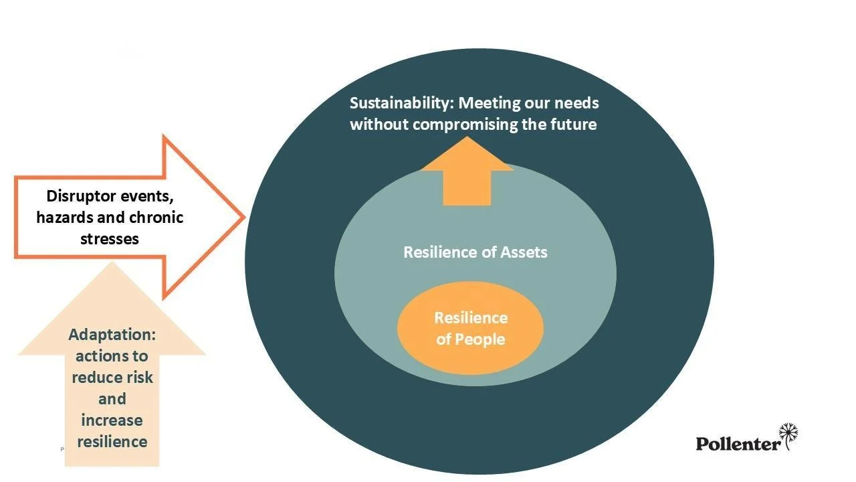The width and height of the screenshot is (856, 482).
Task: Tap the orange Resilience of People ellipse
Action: pyautogui.click(x=470, y=328)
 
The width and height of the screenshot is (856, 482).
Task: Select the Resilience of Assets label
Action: pyautogui.click(x=475, y=252)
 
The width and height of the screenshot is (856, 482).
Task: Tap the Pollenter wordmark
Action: pyautogui.click(x=738, y=443)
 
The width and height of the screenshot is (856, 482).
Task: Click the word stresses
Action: pyautogui.click(x=110, y=238)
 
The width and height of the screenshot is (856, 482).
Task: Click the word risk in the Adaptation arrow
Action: pyautogui.click(x=139, y=378)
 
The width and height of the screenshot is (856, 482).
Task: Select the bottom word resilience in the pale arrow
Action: pyautogui.click(x=112, y=442)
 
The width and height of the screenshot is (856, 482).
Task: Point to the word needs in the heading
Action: pyautogui.click(x=576, y=103)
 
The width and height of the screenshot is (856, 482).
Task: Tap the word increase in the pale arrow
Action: pyautogui.click(x=112, y=420)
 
